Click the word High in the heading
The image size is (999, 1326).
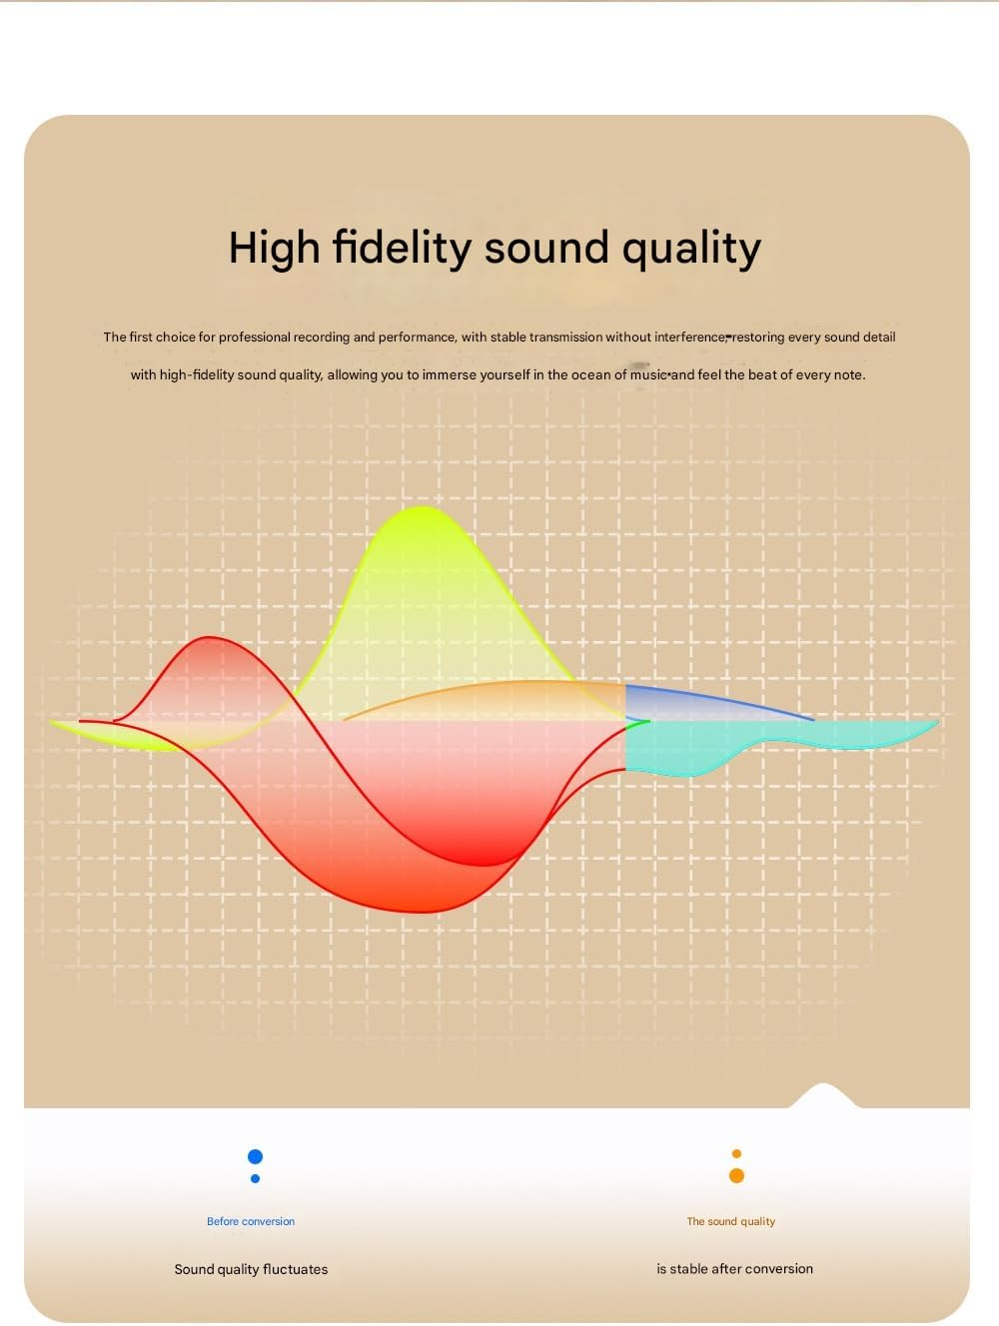274,249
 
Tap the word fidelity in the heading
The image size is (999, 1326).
402,249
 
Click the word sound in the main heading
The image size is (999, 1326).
546,247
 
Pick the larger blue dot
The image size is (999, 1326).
255,1156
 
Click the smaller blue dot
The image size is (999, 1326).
255,1178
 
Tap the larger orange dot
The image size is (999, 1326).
736,1175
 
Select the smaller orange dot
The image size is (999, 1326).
736,1154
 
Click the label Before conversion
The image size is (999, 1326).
251,1221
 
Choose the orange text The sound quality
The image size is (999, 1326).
730,1221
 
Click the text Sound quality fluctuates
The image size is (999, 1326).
251,1269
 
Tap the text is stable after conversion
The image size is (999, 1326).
734,1269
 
